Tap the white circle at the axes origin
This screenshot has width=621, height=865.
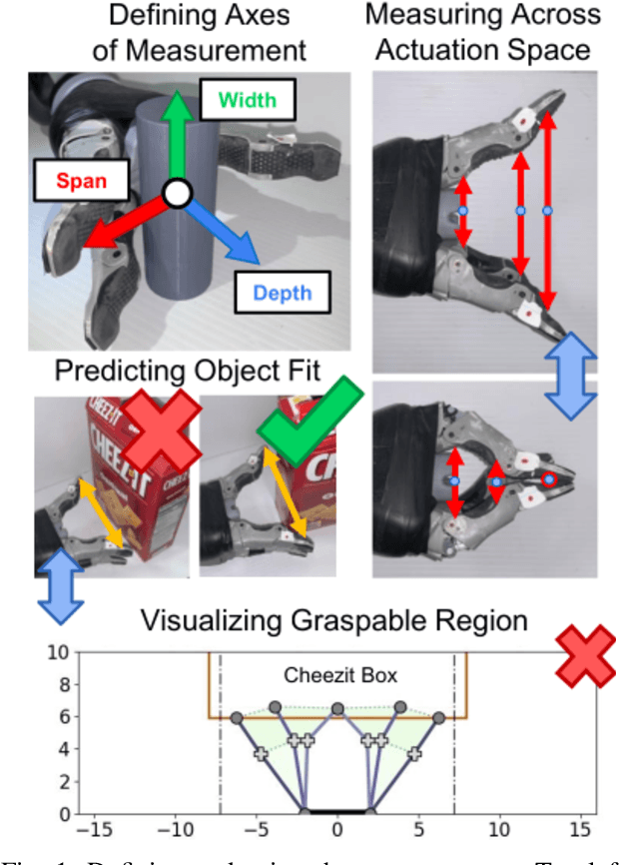coord(176,194)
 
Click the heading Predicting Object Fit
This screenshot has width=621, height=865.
coord(188,371)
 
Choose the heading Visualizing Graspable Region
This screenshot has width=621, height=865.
coord(332,620)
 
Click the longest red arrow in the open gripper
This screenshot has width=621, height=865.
coord(548,211)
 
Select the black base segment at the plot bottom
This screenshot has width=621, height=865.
coord(337,813)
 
